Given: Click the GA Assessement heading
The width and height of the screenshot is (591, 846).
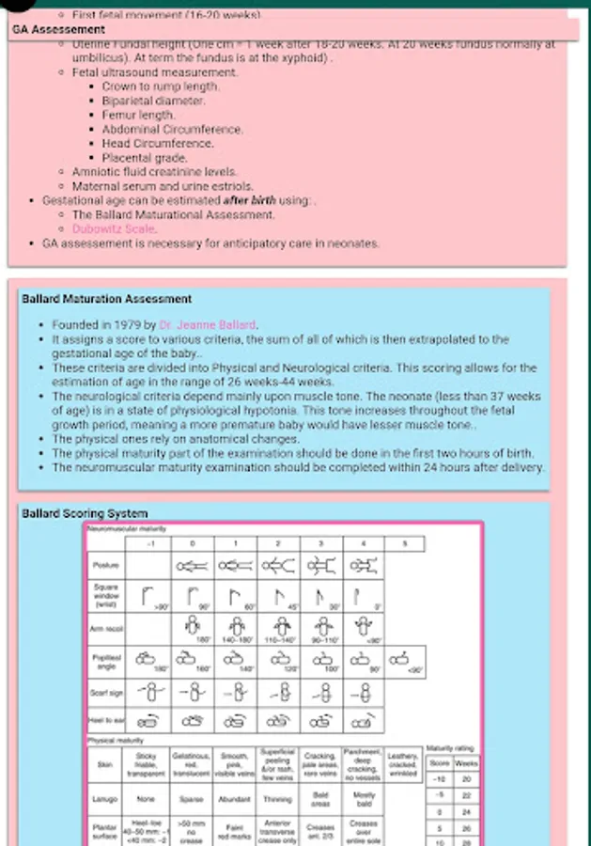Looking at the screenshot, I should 58,30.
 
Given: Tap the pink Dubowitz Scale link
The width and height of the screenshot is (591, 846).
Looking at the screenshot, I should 115,228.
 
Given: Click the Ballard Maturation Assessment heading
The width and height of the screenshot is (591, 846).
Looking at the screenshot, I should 106,299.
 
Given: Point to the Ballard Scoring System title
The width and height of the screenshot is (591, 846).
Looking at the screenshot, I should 85,513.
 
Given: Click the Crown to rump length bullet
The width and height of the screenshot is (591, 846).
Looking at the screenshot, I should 161,86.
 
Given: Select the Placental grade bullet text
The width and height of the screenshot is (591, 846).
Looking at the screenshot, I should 145,158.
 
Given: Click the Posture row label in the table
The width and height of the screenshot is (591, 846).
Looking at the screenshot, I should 105,566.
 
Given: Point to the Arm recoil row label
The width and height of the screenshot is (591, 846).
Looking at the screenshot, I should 105,629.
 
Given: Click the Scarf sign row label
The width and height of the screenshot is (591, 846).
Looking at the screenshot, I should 105,694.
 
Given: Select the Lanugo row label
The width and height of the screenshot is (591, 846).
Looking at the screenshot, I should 105,799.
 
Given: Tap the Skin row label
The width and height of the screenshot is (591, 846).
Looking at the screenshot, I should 105,764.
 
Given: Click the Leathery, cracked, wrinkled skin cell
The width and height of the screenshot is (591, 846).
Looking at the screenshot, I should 403,764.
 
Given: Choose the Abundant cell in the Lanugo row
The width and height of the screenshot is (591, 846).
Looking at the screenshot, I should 234,799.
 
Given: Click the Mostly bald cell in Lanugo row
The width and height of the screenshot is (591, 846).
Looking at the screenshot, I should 363,799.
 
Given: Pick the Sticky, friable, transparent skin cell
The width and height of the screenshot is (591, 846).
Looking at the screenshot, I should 148,764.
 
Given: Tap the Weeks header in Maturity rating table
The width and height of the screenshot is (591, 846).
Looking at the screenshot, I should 467,763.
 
